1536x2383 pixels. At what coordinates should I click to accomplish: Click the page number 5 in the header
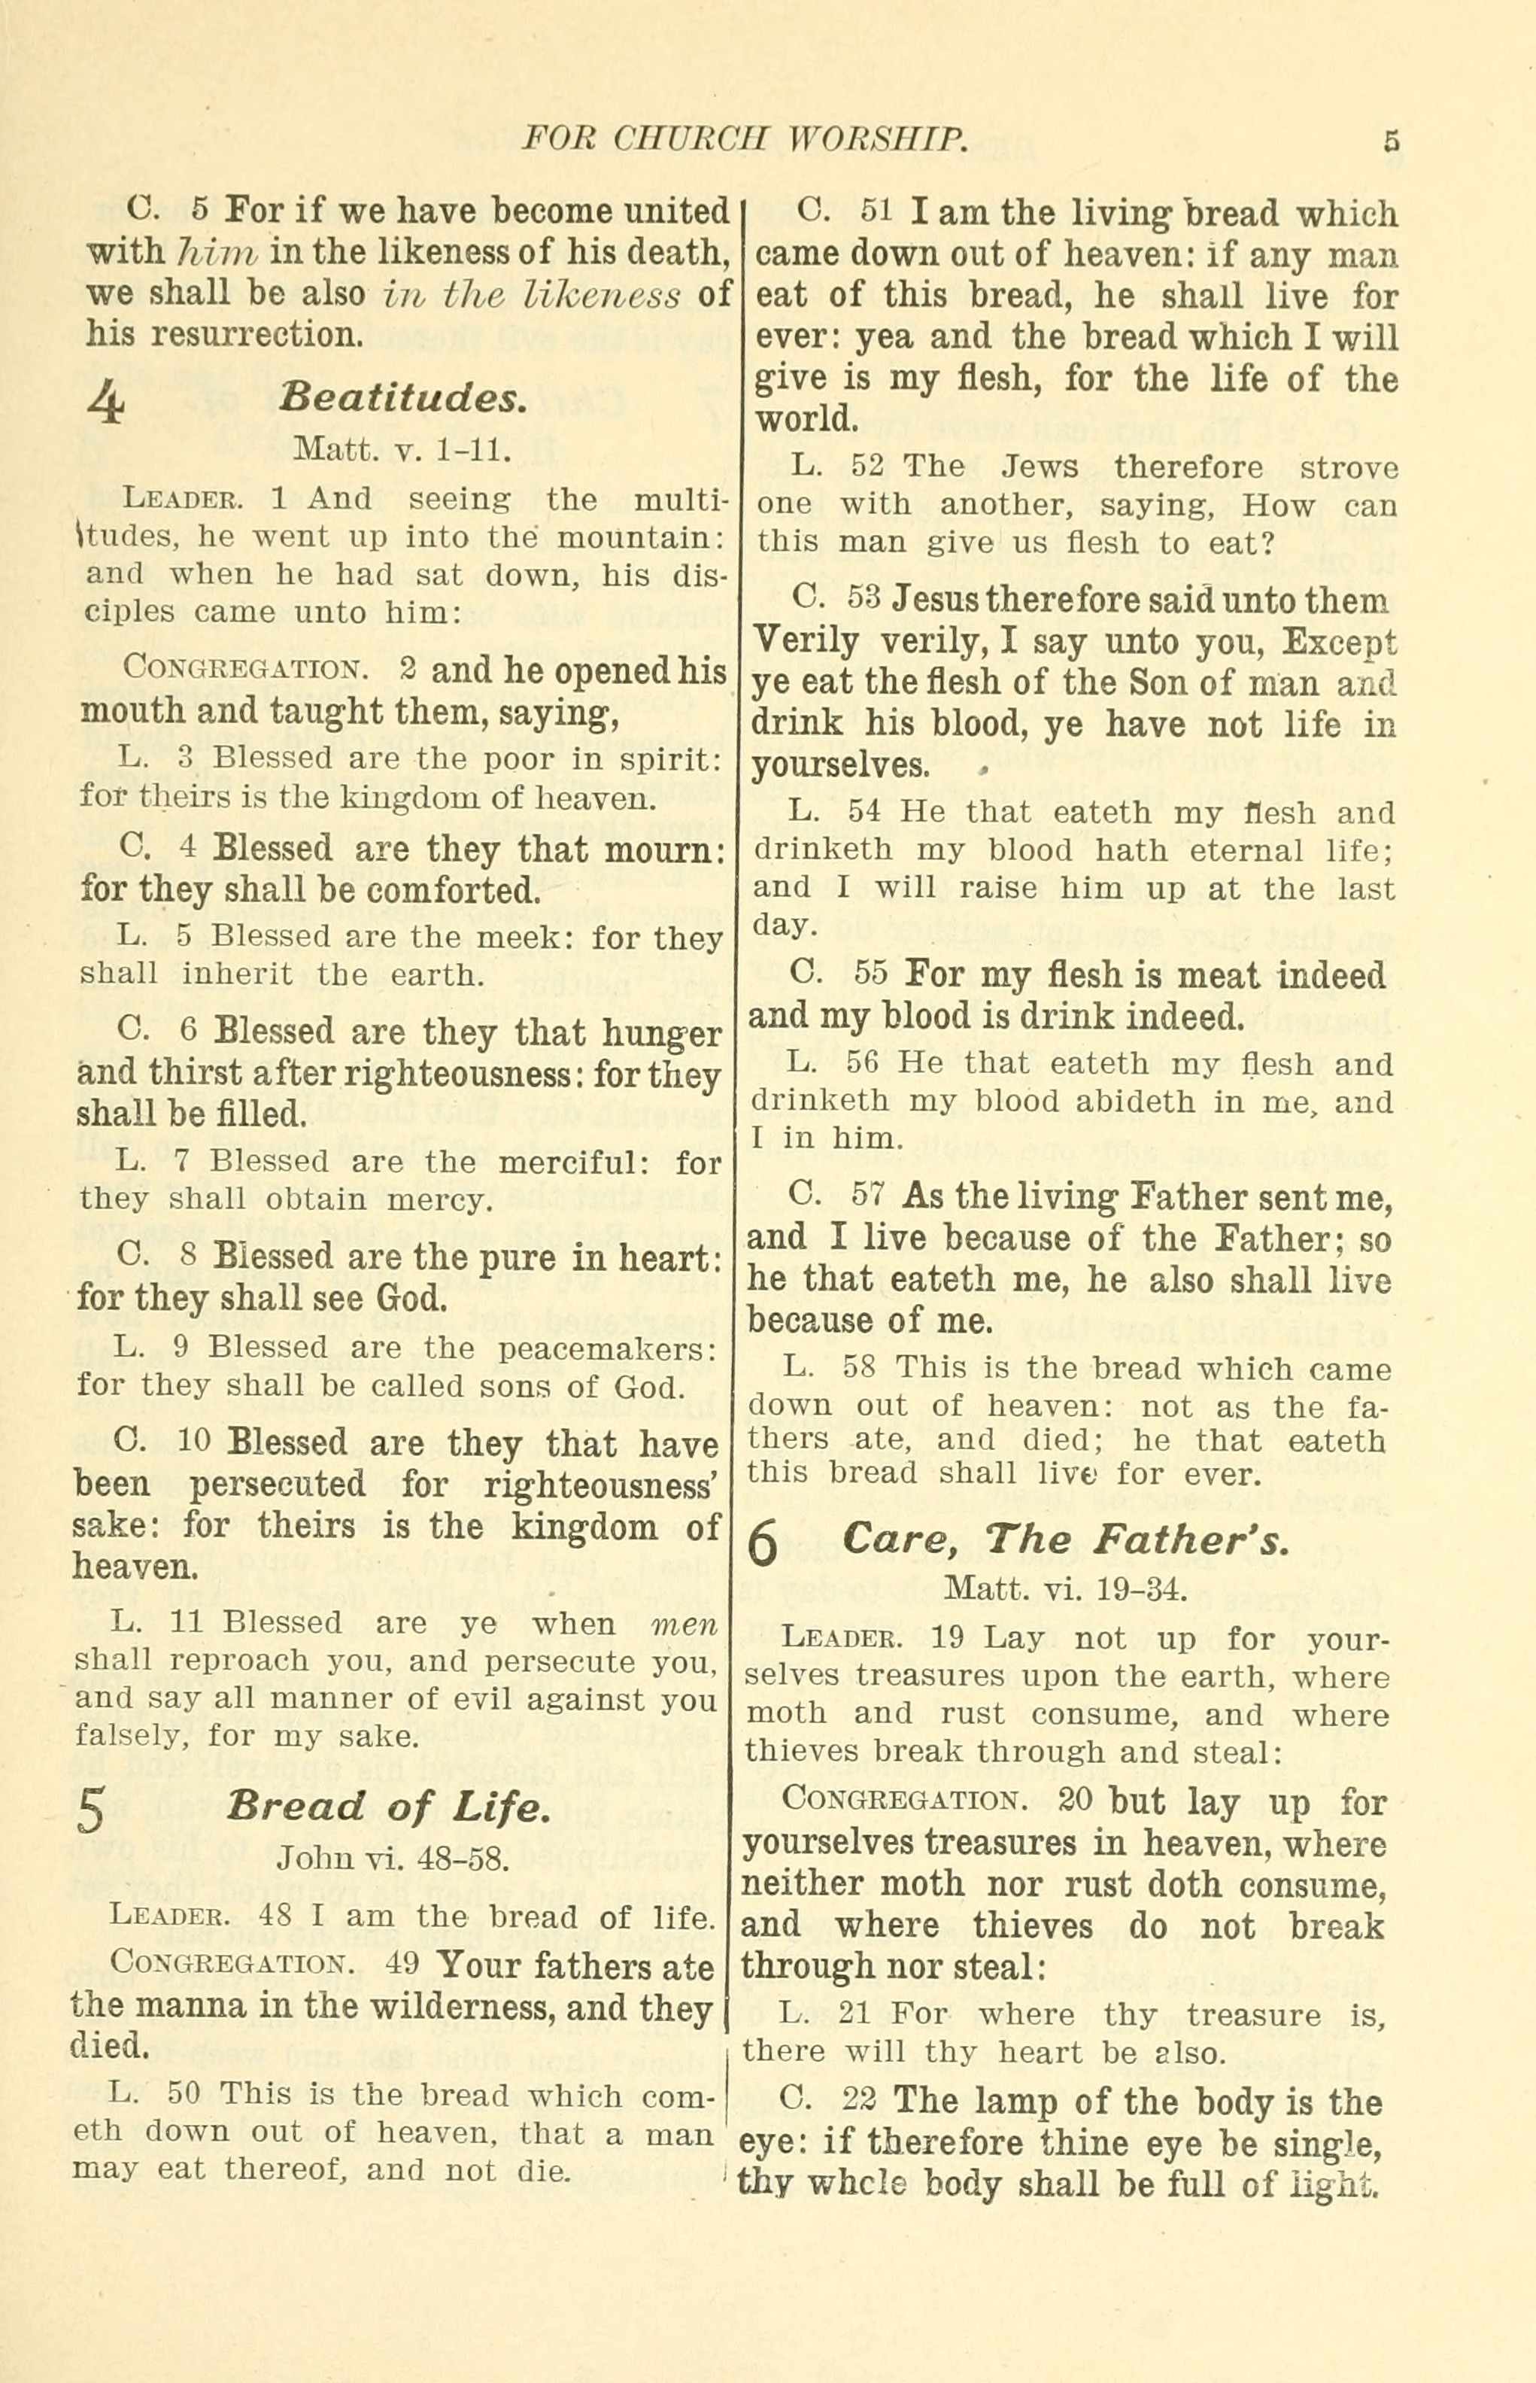coord(1392,141)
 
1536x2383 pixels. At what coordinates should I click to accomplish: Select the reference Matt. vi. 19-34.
coord(1064,1586)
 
